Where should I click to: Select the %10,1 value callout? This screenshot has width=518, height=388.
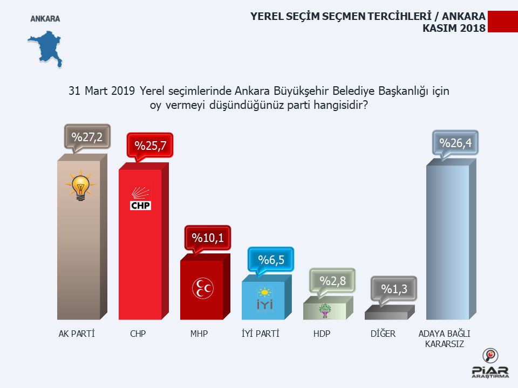coord(207,238)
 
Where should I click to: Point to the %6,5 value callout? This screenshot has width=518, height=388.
coord(270,260)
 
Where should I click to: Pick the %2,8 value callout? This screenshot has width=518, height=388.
coord(332,281)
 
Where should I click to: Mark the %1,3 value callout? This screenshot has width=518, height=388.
coord(393,289)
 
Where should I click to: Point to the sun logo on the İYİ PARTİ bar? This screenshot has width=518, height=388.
coord(265,300)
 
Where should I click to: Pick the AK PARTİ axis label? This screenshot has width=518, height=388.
coord(77,334)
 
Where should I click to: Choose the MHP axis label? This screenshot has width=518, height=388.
coord(199,334)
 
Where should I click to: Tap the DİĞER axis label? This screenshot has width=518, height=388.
coord(383,334)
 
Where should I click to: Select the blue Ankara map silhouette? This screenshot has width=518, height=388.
coord(46,47)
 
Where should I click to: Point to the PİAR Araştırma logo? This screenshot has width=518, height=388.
coord(489,365)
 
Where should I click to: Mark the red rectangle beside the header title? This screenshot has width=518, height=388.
coord(502,22)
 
